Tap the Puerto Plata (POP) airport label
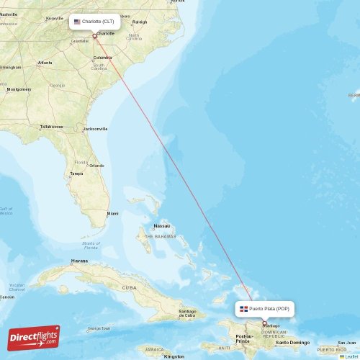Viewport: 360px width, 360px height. (x=264, y=308)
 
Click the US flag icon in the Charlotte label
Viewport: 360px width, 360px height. (x=77, y=22)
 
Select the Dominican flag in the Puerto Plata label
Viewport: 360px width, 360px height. (x=244, y=308)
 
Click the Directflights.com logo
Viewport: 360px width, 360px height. (x=34, y=337)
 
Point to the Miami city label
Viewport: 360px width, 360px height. (x=112, y=214)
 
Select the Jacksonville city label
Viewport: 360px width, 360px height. (x=95, y=129)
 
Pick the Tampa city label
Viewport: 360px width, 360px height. (x=76, y=174)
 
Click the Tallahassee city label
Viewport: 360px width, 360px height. (x=51, y=126)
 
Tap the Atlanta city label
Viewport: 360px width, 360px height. (x=45, y=63)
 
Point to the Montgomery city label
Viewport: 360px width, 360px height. (x=19, y=89)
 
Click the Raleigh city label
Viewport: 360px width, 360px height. (x=140, y=22)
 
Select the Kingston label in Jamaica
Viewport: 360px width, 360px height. (x=174, y=356)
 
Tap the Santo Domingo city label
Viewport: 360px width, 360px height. (x=292, y=342)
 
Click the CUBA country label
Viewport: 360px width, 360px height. (x=129, y=287)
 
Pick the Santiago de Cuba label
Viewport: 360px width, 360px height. (x=186, y=313)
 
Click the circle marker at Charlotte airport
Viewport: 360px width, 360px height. (x=94, y=36)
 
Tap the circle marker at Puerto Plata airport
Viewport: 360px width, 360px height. (x=264, y=323)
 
